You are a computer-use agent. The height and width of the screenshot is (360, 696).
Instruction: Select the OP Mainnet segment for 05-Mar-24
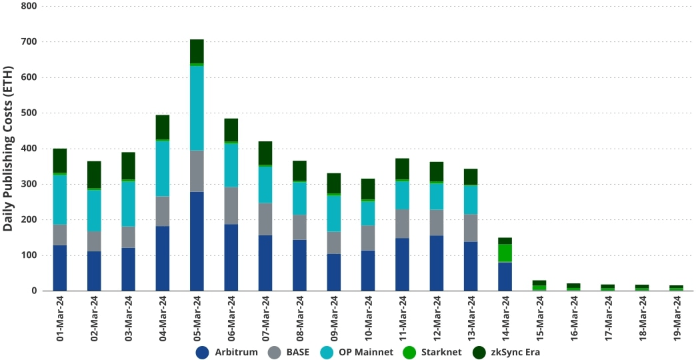click(x=197, y=108)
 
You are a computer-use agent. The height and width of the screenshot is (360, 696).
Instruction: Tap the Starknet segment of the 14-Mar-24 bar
click(x=505, y=253)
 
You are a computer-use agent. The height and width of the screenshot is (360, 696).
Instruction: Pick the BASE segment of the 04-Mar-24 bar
click(x=163, y=211)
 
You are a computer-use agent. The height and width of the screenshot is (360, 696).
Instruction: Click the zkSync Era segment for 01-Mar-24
click(x=60, y=161)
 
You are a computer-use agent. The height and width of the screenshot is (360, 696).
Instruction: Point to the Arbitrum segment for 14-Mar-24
click(x=505, y=277)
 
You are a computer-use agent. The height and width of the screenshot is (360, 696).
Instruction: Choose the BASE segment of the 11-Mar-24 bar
click(x=402, y=224)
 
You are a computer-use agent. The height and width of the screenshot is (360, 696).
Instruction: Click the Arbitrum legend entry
click(x=227, y=352)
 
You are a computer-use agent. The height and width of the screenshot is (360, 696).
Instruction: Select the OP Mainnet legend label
click(x=365, y=352)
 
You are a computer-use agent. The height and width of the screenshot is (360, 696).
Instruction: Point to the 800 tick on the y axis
click(x=29, y=6)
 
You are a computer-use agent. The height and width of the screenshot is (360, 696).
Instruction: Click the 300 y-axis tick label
click(x=29, y=184)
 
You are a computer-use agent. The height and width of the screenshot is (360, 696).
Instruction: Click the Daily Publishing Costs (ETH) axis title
click(x=8, y=148)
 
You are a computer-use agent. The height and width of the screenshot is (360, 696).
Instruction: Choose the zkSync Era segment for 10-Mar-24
click(x=368, y=189)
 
